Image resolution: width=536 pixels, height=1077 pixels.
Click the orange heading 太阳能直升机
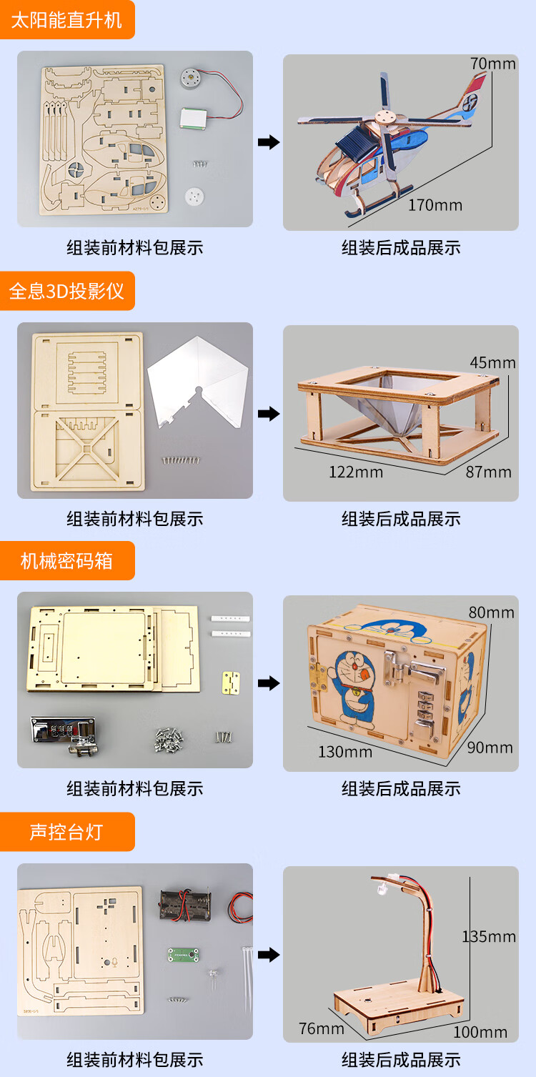[x=66, y=20]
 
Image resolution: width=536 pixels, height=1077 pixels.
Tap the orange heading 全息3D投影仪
[x=66, y=292]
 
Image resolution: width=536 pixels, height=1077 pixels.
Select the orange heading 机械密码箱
[x=66, y=561]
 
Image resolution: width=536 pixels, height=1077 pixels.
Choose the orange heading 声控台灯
[x=66, y=832]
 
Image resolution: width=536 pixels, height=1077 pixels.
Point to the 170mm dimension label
[x=435, y=205]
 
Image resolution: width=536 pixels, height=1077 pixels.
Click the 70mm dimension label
[x=492, y=64]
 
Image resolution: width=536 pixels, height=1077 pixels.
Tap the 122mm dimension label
[x=356, y=472]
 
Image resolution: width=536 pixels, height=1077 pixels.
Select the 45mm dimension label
[x=492, y=362]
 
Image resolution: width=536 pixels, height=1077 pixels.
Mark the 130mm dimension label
[x=345, y=752]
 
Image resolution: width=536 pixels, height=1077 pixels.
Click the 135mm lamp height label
[x=489, y=937]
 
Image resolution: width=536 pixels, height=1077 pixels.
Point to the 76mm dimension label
[x=322, y=1028]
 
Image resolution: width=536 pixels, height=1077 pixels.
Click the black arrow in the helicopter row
[x=269, y=142]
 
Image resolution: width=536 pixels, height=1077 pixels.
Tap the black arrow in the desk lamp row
[x=269, y=954]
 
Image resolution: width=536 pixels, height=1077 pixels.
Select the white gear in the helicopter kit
[x=194, y=196]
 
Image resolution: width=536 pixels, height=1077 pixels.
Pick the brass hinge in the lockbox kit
[x=231, y=683]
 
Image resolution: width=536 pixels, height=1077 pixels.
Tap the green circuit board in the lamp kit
[x=183, y=954]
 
